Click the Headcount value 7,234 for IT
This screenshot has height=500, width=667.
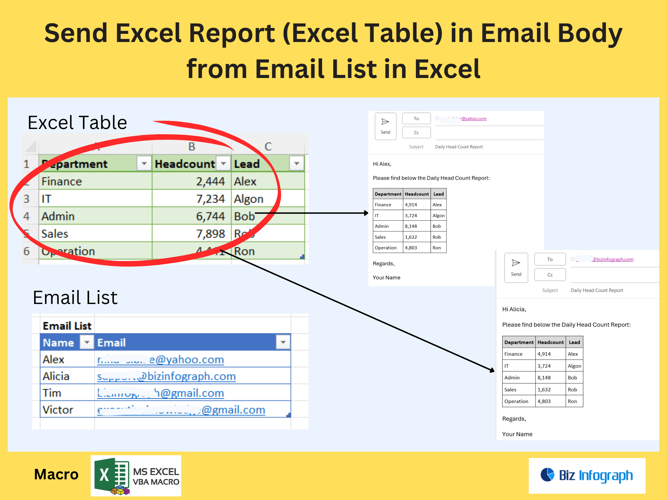point(210,199)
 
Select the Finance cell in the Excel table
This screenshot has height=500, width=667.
point(62,182)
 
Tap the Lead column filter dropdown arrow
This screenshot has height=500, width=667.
point(296,164)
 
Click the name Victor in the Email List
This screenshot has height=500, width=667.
point(58,410)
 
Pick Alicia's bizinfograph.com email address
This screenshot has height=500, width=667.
point(166,376)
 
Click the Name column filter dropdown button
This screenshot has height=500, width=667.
point(87,342)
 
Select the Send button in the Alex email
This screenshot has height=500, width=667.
point(386,126)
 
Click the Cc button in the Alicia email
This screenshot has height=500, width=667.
point(550,275)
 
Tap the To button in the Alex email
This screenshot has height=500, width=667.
point(416,119)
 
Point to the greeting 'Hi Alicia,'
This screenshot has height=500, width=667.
point(514,309)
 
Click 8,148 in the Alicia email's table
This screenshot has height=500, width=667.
point(544,378)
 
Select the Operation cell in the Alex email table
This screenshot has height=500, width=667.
point(386,248)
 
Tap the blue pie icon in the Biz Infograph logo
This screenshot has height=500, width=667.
point(547,475)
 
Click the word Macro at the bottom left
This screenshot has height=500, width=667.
point(56,474)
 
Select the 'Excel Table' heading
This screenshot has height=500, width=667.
point(77,123)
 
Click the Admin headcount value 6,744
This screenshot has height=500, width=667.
point(210,216)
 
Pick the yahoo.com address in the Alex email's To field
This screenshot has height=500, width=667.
point(474,119)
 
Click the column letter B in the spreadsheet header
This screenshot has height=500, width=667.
point(192,146)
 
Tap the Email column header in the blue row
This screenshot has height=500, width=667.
point(111,342)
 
